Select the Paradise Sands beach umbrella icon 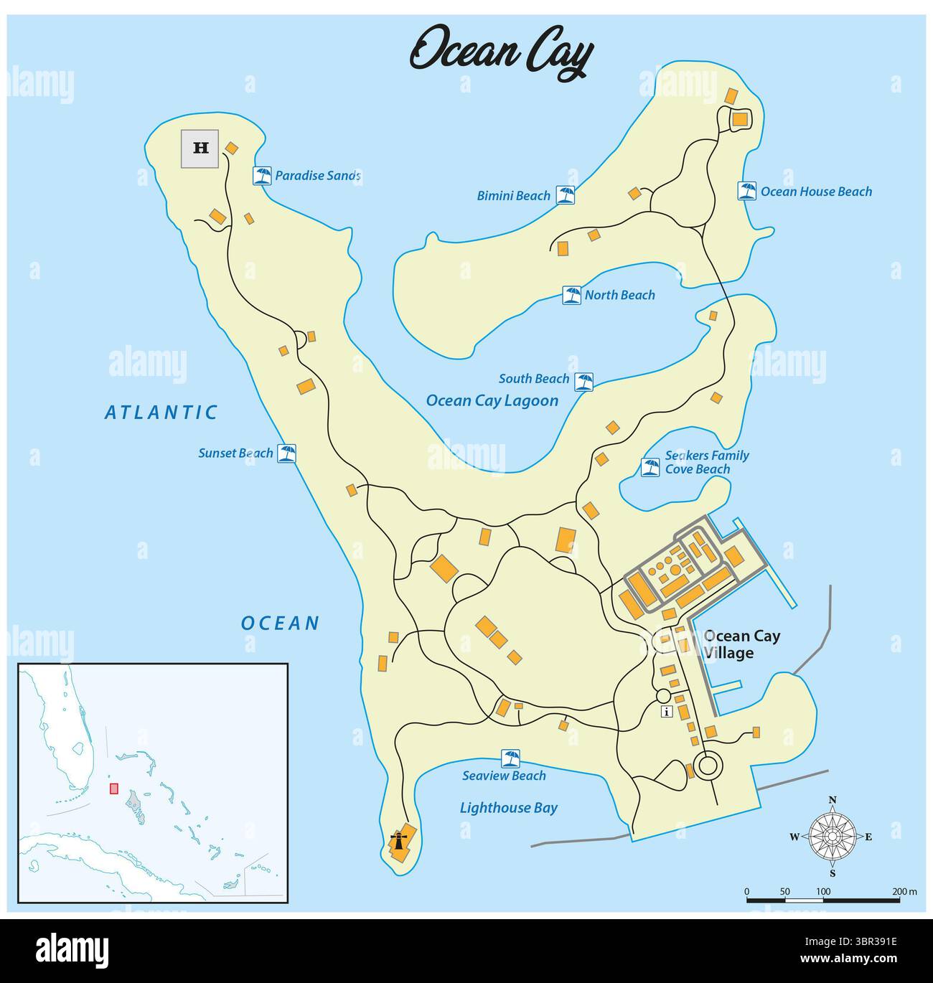[x=263, y=176]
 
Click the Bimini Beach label [x=513, y=195]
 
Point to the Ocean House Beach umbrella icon [x=747, y=191]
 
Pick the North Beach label [x=619, y=295]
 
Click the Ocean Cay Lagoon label [x=492, y=400]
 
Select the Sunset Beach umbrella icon [x=287, y=453]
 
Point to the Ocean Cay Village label [x=741, y=644]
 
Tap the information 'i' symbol [x=667, y=712]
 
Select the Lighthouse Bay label [x=508, y=808]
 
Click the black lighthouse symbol [x=397, y=840]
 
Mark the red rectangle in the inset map [x=113, y=788]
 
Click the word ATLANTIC [x=161, y=412]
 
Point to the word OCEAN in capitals [x=280, y=623]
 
